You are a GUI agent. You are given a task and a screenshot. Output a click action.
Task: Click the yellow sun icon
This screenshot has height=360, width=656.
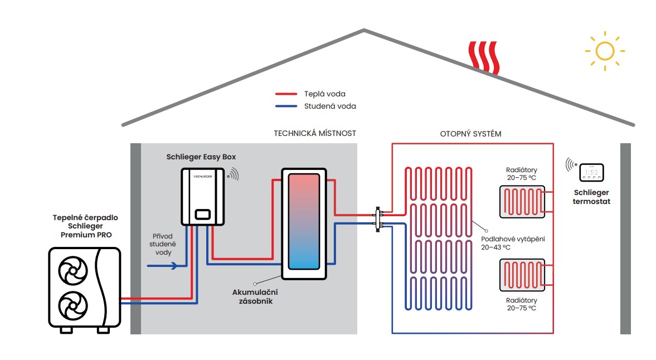pos(605,51)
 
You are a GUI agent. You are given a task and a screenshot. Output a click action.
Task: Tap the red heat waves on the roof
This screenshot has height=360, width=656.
pos(484,57)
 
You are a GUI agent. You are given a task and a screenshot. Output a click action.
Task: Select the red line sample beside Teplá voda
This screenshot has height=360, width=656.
pos(286,94)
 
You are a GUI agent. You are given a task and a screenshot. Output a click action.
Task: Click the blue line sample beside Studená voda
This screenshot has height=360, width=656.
pos(286,106)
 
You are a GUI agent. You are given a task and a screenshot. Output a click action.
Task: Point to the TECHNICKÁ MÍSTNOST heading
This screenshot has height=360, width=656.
pos(315,133)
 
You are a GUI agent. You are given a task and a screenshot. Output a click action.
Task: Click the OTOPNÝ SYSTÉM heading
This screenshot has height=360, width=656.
pos(470,134)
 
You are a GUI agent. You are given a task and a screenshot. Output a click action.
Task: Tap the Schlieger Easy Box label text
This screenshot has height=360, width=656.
pos(201,157)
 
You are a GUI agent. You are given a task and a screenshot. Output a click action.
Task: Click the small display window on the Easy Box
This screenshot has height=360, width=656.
pos(203,215)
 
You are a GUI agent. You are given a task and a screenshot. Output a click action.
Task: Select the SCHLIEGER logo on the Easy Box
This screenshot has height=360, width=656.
pos(203,177)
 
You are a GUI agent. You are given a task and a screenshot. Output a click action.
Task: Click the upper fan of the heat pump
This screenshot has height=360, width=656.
pos(73,270)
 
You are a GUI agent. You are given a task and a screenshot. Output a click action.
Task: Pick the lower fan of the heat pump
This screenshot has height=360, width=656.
pos(73,305)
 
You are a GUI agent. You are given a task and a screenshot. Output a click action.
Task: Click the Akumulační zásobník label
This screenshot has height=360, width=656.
pos(255,296)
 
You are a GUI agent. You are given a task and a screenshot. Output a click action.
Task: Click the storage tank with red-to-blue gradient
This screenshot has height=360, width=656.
pos(304,223)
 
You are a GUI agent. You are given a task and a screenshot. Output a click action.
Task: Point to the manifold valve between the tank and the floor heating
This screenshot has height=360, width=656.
pos(378,219)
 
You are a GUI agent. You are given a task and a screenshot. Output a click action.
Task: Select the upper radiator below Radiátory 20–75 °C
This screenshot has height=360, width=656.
pos(523,202)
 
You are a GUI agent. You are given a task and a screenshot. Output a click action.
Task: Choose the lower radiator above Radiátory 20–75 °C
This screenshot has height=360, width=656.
pos(523,275)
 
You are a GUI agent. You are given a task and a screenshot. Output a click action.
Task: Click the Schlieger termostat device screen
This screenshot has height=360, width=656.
pos(591,172)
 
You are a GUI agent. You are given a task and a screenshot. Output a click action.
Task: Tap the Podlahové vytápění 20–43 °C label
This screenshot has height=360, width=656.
pos(513,243)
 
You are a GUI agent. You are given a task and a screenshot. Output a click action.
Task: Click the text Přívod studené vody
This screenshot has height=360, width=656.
pos(163,244)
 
